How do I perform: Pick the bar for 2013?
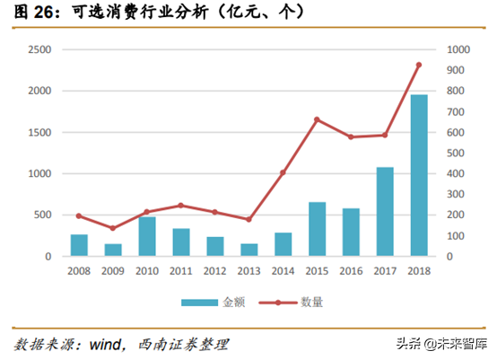pyautogui.click(x=248, y=250)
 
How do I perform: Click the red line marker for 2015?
pyautogui.click(x=317, y=119)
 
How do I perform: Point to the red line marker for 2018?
pyautogui.click(x=418, y=65)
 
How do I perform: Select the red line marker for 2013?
pyautogui.click(x=248, y=219)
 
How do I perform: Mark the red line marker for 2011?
pyautogui.click(x=181, y=206)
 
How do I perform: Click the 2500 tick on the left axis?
pyautogui.click(x=39, y=49)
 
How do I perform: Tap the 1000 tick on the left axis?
pyautogui.click(x=39, y=173)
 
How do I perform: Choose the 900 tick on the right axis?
pyautogui.click(x=456, y=70)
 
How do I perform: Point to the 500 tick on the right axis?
pyautogui.click(x=456, y=153)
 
